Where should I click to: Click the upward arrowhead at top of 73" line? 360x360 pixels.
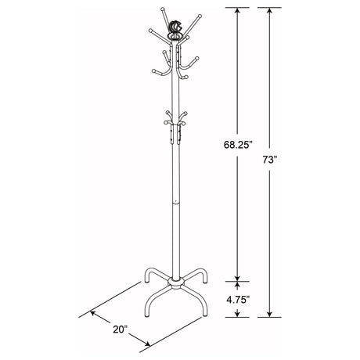pyautogui.click(x=271, y=10)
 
